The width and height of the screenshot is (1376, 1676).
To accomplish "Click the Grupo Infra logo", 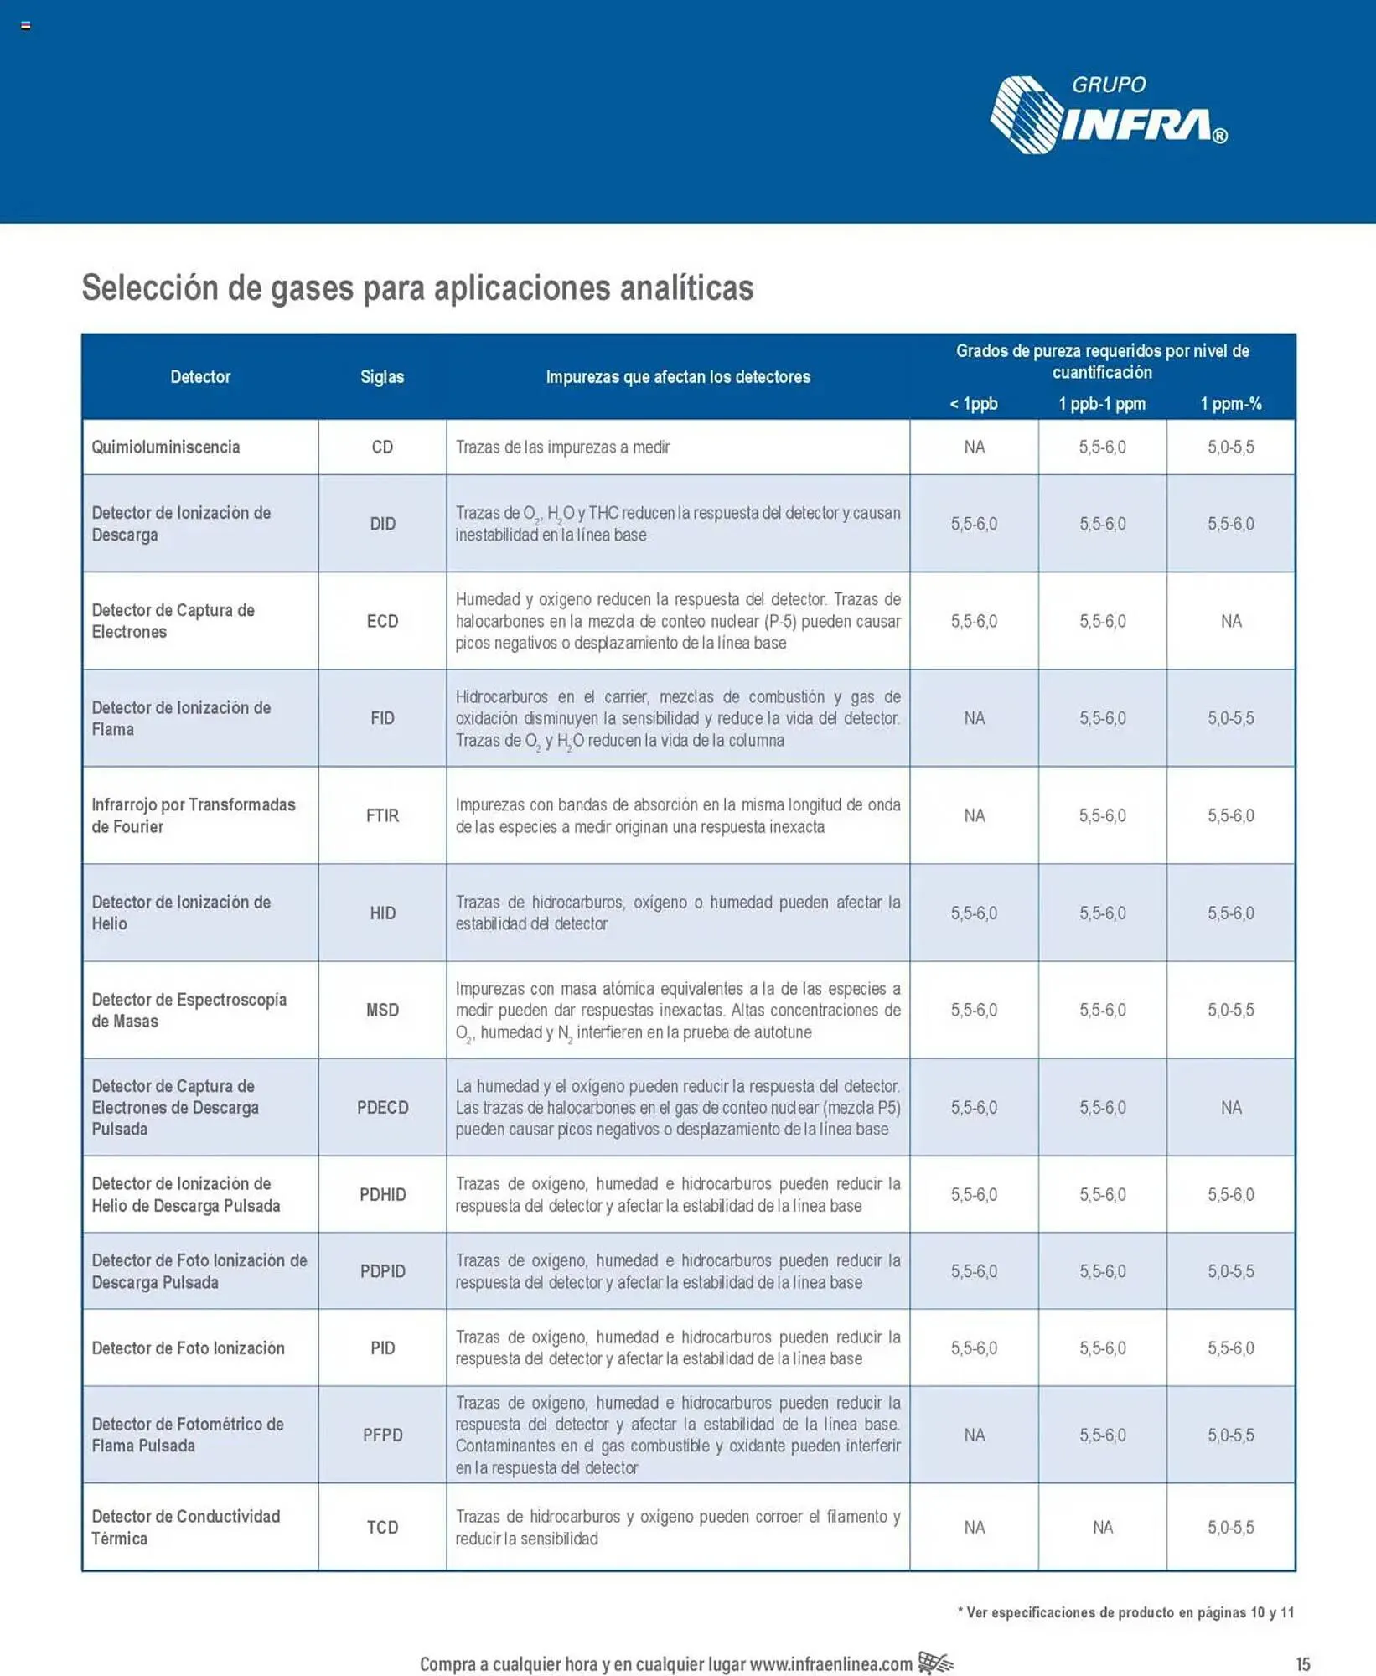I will (x=1108, y=116).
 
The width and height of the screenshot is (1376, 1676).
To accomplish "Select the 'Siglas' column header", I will (x=382, y=377).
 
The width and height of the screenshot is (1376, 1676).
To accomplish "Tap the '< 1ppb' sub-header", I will (x=973, y=404).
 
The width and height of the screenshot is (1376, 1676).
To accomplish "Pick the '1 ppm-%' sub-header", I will (x=1230, y=404).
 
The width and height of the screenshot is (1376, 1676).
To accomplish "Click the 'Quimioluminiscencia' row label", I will (x=166, y=447).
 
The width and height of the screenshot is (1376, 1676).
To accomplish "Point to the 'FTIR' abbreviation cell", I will (x=382, y=815).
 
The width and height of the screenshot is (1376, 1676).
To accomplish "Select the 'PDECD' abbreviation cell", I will (x=382, y=1107).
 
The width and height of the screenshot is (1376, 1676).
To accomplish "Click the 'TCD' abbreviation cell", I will (x=382, y=1527).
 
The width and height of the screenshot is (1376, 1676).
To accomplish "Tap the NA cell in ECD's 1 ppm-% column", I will (x=1230, y=621).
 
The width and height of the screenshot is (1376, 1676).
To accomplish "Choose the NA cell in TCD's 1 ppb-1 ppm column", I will (x=1102, y=1527).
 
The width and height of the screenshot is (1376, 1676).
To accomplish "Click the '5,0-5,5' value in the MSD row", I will (x=1230, y=1010).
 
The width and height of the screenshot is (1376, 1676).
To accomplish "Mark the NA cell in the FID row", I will (x=974, y=718).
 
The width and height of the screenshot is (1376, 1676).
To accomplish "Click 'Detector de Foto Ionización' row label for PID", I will (x=188, y=1348).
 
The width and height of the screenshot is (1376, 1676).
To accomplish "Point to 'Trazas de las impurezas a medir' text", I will (x=562, y=447).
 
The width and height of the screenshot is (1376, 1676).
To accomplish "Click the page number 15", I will (x=1302, y=1663).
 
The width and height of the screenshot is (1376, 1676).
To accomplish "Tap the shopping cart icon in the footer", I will (x=935, y=1662).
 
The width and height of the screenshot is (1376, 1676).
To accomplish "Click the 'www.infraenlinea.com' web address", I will (x=830, y=1663).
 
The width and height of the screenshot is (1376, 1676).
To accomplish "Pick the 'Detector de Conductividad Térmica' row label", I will (x=185, y=1527).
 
